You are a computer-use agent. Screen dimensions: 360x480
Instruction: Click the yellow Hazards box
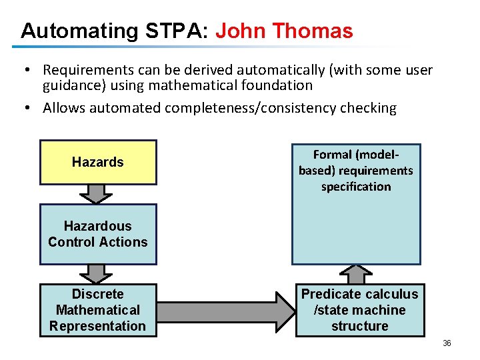[98, 162]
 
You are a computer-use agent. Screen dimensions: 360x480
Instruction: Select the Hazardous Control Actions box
[98, 234]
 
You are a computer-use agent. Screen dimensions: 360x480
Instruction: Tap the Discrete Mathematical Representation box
[98, 310]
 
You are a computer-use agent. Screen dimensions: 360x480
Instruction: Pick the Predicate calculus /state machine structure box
[360, 310]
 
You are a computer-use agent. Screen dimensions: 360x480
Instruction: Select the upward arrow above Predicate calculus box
[359, 274]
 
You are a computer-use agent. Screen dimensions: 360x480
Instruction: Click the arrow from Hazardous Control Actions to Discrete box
[97, 273]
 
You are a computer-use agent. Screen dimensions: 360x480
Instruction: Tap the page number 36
[447, 343]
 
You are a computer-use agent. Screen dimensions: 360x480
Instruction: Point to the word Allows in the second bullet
[64, 108]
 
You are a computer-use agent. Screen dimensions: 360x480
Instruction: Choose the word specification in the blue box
[356, 187]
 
